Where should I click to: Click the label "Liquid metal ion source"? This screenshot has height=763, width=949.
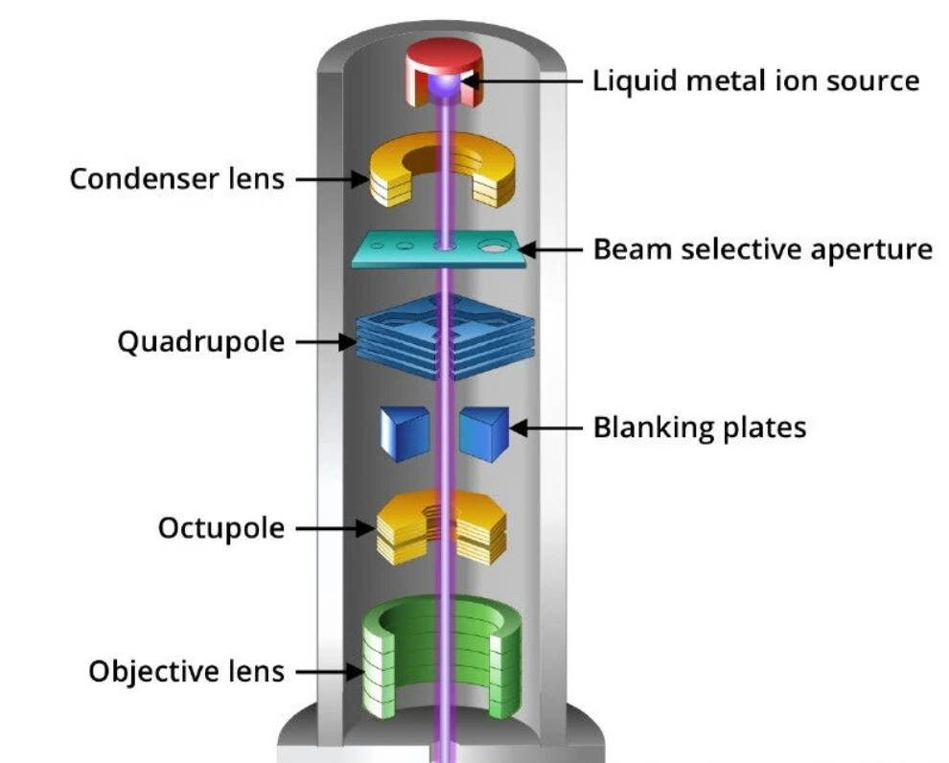pyautogui.click(x=756, y=80)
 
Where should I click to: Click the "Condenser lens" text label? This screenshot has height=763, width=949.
pyautogui.click(x=177, y=179)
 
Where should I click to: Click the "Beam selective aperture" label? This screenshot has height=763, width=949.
pyautogui.click(x=763, y=249)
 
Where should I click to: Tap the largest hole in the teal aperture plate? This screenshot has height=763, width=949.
pyautogui.click(x=496, y=245)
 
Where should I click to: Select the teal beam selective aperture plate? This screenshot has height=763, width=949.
pyautogui.click(x=403, y=251)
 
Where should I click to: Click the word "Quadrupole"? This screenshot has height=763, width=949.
pyautogui.click(x=201, y=341)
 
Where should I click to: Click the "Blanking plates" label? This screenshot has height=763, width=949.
pyautogui.click(x=700, y=427)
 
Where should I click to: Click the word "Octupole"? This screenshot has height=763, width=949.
pyautogui.click(x=221, y=528)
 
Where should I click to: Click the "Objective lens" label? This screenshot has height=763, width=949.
pyautogui.click(x=187, y=670)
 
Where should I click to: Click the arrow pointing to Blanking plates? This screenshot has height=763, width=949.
pyautogui.click(x=546, y=427)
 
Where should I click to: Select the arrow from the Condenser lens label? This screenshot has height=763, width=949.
pyautogui.click(x=332, y=179)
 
